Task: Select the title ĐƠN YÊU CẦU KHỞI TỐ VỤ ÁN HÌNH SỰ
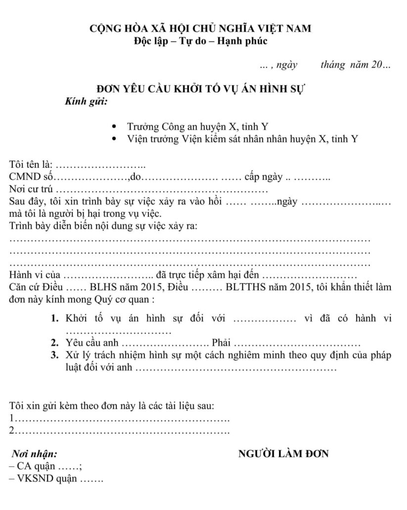(200, 90)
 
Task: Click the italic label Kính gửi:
(86, 102)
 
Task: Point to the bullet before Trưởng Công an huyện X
(115, 127)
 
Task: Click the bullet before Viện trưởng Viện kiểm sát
(115, 139)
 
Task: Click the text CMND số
(31, 177)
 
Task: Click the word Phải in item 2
(221, 343)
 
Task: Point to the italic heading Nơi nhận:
(34, 454)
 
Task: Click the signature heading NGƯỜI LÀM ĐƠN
(283, 454)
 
